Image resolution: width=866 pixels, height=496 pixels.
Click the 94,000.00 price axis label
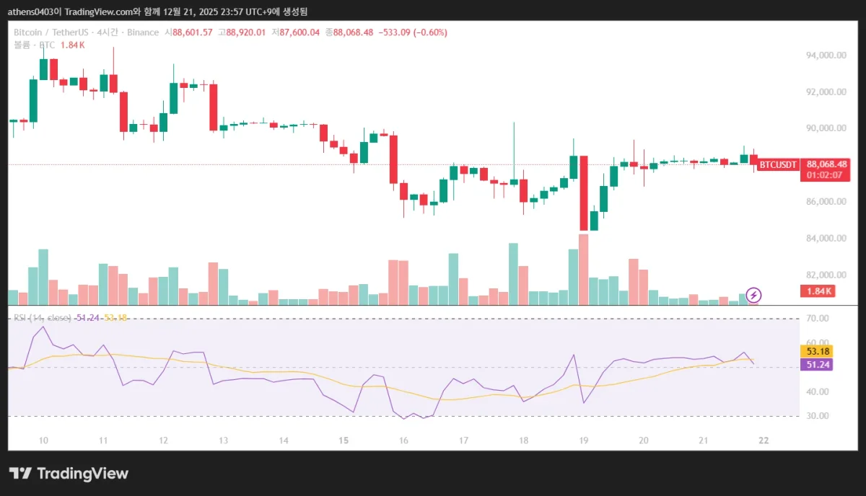point(826,56)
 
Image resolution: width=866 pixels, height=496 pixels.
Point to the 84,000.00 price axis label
point(826,239)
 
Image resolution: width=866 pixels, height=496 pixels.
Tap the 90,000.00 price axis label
point(826,128)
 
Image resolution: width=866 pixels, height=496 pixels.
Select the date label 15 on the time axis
point(344,440)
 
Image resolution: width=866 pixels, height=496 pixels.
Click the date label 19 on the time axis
point(584,440)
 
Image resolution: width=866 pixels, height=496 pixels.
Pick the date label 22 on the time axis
point(764,440)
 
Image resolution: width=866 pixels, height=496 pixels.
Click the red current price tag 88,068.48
point(827,164)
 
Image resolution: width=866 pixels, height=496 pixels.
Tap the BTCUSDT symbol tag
point(778,164)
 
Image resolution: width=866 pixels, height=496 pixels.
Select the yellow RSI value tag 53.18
point(818,351)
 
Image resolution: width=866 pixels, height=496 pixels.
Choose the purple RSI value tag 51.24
point(818,365)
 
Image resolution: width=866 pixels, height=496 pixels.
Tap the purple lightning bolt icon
point(753,295)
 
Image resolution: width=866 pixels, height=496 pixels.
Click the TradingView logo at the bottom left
point(69,474)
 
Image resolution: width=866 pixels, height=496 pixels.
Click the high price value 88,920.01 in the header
point(246,32)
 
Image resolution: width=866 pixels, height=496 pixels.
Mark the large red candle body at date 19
point(583,192)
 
